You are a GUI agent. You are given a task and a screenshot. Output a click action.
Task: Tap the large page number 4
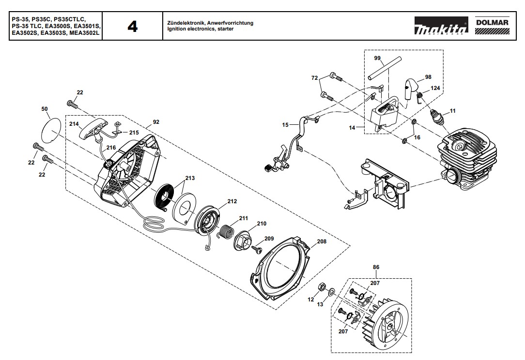point(132,27)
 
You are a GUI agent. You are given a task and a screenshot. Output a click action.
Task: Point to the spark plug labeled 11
point(438,118)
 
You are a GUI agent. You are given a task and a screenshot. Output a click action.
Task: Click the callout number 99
point(377,58)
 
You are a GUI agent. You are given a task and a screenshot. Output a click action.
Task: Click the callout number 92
point(155,123)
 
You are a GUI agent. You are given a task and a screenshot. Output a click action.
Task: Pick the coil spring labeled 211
point(225,229)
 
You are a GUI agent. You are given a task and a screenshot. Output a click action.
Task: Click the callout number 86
point(376,267)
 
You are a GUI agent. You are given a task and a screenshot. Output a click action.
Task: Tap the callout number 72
point(314,78)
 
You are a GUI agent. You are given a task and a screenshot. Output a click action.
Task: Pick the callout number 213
point(189,179)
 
